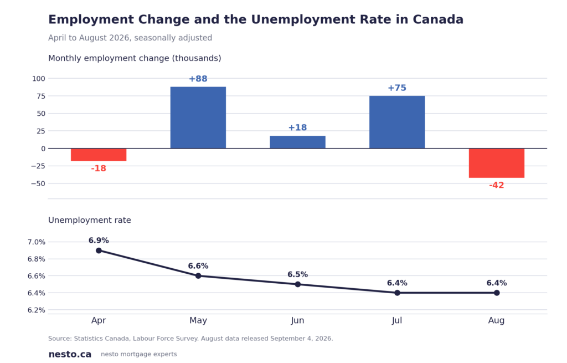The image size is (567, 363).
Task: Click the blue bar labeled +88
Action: (x=198, y=117)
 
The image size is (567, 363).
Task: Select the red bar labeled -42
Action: (x=497, y=163)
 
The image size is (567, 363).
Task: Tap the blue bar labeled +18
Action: (x=297, y=142)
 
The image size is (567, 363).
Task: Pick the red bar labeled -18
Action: (x=99, y=155)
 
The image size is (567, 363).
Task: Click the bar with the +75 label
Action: (x=397, y=122)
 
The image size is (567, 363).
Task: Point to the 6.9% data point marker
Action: (x=99, y=250)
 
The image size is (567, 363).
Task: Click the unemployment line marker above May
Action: (x=198, y=276)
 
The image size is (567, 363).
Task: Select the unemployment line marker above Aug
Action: (x=497, y=293)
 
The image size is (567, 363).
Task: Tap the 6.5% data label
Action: (x=297, y=275)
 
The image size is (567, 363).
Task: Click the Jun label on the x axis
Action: (x=297, y=321)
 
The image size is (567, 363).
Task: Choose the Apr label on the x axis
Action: (x=99, y=321)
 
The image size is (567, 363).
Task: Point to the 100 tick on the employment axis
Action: (x=39, y=79)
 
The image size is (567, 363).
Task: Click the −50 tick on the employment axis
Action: (x=38, y=183)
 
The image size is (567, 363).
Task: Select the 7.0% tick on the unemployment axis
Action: (x=37, y=242)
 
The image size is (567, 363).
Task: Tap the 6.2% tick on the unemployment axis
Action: (x=37, y=310)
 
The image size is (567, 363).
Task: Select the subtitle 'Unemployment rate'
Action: (x=90, y=221)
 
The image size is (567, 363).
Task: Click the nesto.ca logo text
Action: (x=70, y=354)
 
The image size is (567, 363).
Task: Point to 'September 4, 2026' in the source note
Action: (x=301, y=339)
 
